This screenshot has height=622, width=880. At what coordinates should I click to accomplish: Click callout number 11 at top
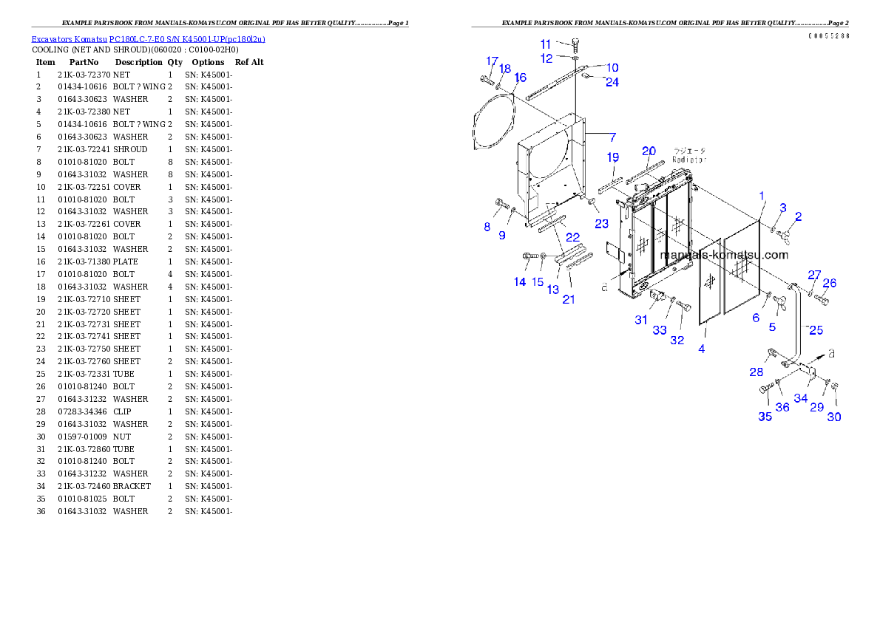pyautogui.click(x=545, y=44)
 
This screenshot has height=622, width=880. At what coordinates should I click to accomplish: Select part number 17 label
pyautogui.click(x=492, y=61)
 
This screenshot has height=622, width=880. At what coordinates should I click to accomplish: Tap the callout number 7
pyautogui.click(x=612, y=137)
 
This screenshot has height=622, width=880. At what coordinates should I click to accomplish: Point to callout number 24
pyautogui.click(x=612, y=82)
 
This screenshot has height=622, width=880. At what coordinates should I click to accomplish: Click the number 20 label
pyautogui.click(x=649, y=151)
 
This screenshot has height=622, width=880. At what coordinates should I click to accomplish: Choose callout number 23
pyautogui.click(x=601, y=223)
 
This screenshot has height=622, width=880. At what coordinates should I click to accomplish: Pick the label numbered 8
pyautogui.click(x=487, y=227)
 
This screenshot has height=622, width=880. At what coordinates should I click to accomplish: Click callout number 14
pyautogui.click(x=520, y=281)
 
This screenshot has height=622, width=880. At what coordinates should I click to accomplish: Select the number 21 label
pyautogui.click(x=569, y=299)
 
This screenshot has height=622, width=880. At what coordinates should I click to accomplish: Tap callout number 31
pyautogui.click(x=641, y=320)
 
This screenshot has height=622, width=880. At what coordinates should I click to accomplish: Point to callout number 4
pyautogui.click(x=701, y=349)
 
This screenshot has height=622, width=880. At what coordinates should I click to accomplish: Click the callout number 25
pyautogui.click(x=816, y=330)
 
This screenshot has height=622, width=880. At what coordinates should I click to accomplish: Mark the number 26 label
pyautogui.click(x=830, y=283)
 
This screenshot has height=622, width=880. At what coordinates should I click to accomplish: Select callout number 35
pyautogui.click(x=765, y=417)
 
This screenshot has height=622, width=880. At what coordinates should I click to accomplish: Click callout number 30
pyautogui.click(x=833, y=417)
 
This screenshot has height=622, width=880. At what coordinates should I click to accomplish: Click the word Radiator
pyautogui.click(x=689, y=159)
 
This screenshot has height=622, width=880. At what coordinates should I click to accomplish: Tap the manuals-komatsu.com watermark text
pyautogui.click(x=724, y=256)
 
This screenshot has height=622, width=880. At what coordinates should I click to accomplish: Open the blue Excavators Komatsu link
pyautogui.click(x=148, y=39)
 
